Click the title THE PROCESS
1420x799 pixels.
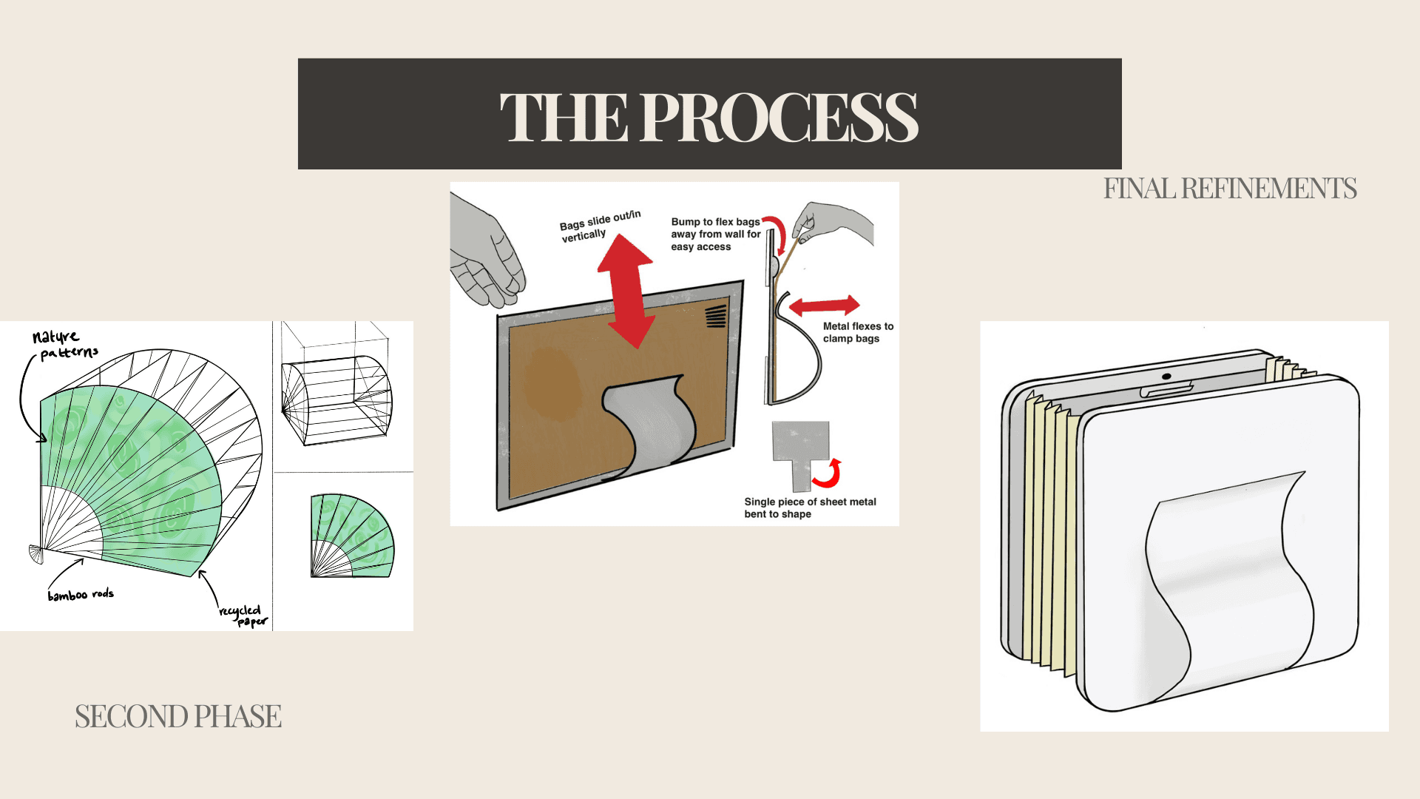pyautogui.click(x=709, y=116)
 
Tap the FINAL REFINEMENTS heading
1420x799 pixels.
pyautogui.click(x=1229, y=189)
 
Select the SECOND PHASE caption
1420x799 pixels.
pyautogui.click(x=177, y=716)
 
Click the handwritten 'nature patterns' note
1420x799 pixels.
pyautogui.click(x=64, y=345)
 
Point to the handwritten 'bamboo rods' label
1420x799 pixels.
pyautogui.click(x=81, y=594)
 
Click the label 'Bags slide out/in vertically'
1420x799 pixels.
pyautogui.click(x=599, y=226)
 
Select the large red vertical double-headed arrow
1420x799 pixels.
pyautogui.click(x=626, y=291)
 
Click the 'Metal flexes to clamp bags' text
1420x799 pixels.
pyautogui.click(x=858, y=332)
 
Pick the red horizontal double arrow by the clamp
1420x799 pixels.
pyautogui.click(x=824, y=305)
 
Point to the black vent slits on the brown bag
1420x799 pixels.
pyautogui.click(x=715, y=316)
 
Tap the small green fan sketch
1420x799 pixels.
pyautogui.click(x=351, y=537)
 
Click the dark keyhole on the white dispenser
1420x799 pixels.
pyautogui.click(x=1166, y=377)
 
